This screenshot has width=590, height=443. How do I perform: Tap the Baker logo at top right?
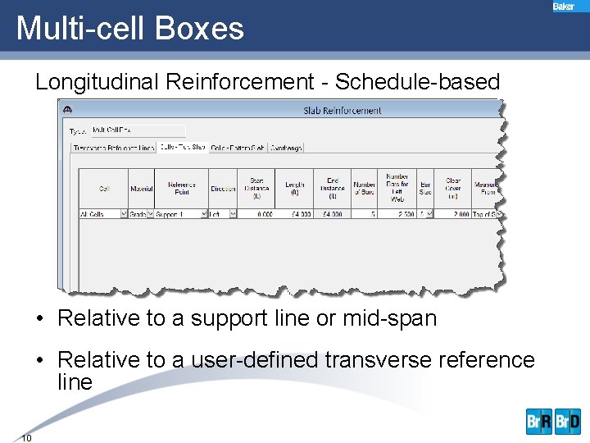point(564,7)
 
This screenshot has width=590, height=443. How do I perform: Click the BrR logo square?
point(539,422)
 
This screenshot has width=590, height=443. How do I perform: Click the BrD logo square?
point(567,422)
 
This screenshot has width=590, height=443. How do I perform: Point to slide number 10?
point(26,437)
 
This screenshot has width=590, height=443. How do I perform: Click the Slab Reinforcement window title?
point(342,110)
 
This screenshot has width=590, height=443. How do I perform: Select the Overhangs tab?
point(286,148)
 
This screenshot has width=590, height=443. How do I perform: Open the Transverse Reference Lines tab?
point(113,148)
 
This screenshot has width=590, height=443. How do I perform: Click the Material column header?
point(141,190)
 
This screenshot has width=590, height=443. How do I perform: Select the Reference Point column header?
point(181,189)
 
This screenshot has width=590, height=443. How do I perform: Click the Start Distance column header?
point(256,189)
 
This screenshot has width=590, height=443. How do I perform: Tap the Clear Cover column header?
point(452,189)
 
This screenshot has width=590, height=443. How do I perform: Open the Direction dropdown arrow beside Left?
point(233,214)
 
